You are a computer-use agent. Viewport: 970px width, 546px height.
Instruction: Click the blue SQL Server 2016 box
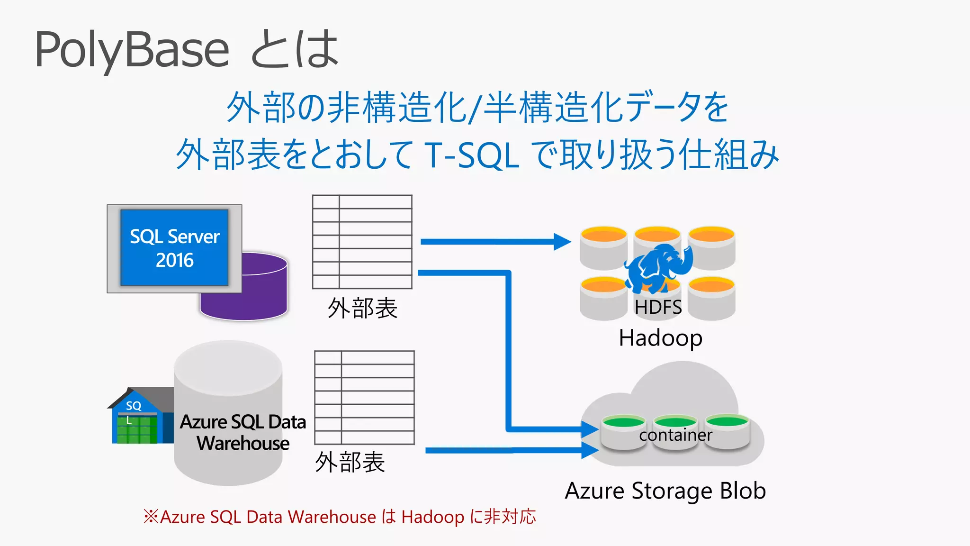174,247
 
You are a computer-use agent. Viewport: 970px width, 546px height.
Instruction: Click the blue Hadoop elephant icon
658,268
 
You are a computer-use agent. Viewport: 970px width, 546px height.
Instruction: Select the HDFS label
658,307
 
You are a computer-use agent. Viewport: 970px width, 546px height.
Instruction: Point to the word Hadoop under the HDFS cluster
660,338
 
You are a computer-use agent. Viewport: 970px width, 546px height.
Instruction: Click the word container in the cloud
675,435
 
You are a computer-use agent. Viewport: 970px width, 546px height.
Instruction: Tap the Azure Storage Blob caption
665,491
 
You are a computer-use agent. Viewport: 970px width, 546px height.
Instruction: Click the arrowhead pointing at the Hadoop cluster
562,242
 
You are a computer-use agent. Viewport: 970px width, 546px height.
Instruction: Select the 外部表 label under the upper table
362,308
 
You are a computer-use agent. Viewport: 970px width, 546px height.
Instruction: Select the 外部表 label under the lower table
350,462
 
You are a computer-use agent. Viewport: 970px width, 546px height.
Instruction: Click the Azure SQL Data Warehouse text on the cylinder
243,432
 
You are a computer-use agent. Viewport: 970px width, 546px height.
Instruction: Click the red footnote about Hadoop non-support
340,517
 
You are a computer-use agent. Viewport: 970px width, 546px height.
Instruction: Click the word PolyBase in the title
132,49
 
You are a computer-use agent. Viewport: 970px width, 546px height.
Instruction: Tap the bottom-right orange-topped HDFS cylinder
711,299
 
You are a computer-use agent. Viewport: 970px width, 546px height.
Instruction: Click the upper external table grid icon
362,242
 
